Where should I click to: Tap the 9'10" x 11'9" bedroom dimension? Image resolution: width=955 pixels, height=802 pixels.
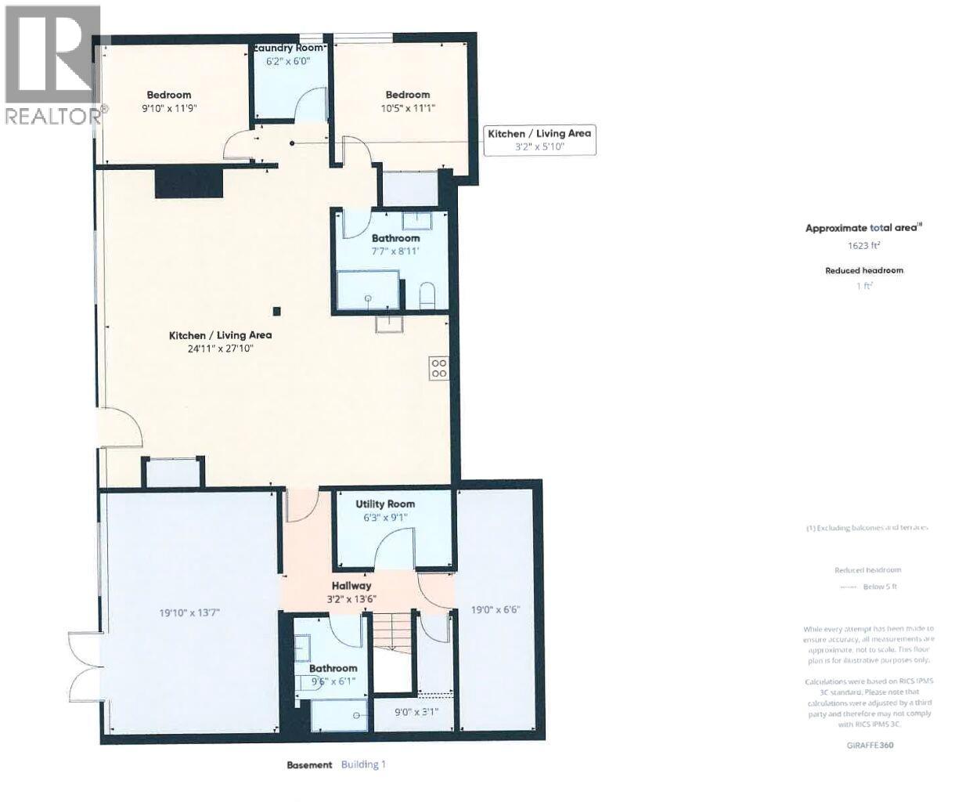(x=168, y=110)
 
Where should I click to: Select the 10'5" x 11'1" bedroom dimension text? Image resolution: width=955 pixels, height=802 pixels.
(x=407, y=109)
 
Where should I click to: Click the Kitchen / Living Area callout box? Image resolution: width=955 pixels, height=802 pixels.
(x=539, y=139)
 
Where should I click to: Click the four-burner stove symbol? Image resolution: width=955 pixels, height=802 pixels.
(x=438, y=368)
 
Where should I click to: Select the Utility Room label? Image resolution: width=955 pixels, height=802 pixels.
(x=385, y=504)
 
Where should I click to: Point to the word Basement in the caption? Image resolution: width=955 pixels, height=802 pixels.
(x=310, y=764)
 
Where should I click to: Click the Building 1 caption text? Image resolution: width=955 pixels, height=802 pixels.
(x=363, y=764)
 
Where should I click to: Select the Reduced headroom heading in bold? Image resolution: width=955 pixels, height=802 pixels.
(x=864, y=270)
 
